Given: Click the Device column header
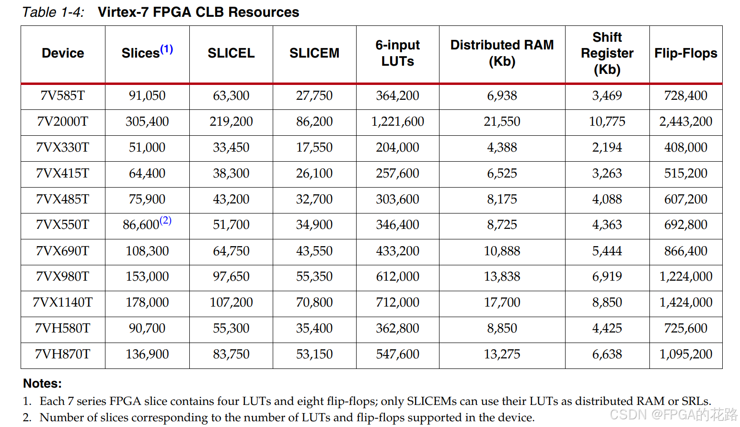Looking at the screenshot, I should pyautogui.click(x=63, y=53).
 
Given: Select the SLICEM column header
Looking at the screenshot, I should pyautogui.click(x=314, y=53).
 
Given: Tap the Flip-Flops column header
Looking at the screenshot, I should pyautogui.click(x=686, y=53).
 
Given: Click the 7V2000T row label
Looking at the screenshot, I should pyautogui.click(x=63, y=121).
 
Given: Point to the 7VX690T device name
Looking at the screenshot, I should pyautogui.click(x=63, y=251).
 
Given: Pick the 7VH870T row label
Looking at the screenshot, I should pyautogui.click(x=63, y=354).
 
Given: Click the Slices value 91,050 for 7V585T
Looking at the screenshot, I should pyautogui.click(x=147, y=95).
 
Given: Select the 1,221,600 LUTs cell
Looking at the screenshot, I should pyautogui.click(x=398, y=121).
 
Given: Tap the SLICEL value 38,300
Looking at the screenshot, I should pyautogui.click(x=231, y=173).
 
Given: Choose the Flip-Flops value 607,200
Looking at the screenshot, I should pyautogui.click(x=686, y=199).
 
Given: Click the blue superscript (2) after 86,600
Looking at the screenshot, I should pyautogui.click(x=165, y=220).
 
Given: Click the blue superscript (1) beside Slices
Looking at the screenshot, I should pyautogui.click(x=166, y=49).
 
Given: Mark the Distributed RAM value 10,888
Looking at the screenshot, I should pyautogui.click(x=502, y=251).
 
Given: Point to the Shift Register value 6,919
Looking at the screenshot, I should pyautogui.click(x=607, y=276).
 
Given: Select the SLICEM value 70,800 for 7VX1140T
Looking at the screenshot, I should pyautogui.click(x=314, y=302).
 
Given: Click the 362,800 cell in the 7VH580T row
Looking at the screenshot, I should pyautogui.click(x=398, y=328).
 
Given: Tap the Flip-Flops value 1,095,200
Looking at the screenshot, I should pyautogui.click(x=686, y=354).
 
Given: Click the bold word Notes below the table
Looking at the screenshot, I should pyautogui.click(x=42, y=383).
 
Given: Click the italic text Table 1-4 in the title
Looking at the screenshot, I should pyautogui.click(x=53, y=12).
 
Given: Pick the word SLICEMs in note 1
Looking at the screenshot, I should pyautogui.click(x=428, y=401).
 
